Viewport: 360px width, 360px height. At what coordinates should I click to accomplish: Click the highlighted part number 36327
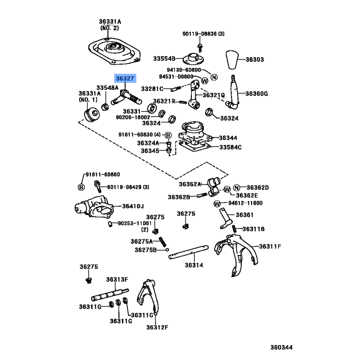pyautogui.click(x=124, y=78)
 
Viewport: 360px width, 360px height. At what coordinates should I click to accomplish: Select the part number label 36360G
pyautogui.click(x=256, y=94)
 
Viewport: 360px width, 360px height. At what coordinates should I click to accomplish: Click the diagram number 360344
pyautogui.click(x=281, y=347)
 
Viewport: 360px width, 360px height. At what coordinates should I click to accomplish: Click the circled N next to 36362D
pyautogui.click(x=237, y=187)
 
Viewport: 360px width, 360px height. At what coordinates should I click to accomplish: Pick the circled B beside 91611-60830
pyautogui.click(x=167, y=135)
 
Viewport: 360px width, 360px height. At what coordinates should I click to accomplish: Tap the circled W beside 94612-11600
pyautogui.click(x=216, y=203)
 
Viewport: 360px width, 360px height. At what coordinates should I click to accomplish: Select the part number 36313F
pyautogui.click(x=117, y=279)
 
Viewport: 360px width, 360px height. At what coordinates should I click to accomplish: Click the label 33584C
pyautogui.click(x=230, y=147)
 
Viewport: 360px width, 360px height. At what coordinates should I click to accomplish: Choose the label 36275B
pyautogui.click(x=145, y=250)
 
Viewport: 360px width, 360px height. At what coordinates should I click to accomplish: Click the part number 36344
pyautogui.click(x=228, y=138)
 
